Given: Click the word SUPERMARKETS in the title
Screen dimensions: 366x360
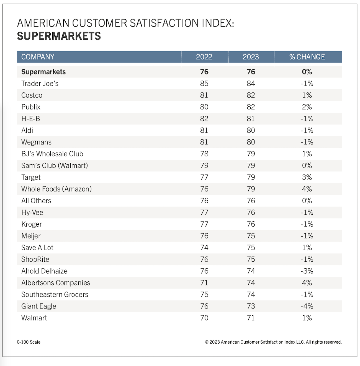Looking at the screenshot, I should click(x=59, y=36).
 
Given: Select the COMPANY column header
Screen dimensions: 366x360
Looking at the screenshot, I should click(x=38, y=57).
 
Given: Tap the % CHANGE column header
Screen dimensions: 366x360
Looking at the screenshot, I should click(x=307, y=57).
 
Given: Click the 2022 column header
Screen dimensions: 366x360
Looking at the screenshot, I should click(x=204, y=57).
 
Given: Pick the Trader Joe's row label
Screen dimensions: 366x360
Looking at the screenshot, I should click(x=40, y=84).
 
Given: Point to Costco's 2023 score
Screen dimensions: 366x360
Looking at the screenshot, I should click(x=251, y=95).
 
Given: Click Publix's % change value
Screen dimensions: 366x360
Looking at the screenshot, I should click(x=307, y=107).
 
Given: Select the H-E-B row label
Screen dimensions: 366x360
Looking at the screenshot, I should click(x=31, y=119).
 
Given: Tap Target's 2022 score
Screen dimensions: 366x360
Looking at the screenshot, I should click(x=204, y=177).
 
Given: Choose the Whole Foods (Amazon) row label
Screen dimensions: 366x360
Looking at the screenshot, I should click(x=56, y=189).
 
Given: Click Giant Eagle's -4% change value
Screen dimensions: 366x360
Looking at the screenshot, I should click(x=307, y=306).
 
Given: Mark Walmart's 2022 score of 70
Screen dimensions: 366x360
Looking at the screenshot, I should click(x=204, y=318).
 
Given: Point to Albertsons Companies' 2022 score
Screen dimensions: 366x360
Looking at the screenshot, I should click(x=204, y=283).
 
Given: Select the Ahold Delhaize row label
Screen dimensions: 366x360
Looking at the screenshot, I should click(x=44, y=271).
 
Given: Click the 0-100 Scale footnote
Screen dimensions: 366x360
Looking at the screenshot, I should click(x=29, y=342).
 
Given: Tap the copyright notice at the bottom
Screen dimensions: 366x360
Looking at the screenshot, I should click(x=273, y=342).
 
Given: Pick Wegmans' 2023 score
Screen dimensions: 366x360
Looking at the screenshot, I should click(x=251, y=142).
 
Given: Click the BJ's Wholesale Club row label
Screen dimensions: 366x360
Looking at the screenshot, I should click(x=52, y=154).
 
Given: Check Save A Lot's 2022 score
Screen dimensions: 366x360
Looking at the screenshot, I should click(x=204, y=248).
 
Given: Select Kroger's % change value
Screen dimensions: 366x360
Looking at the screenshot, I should click(x=307, y=224).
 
